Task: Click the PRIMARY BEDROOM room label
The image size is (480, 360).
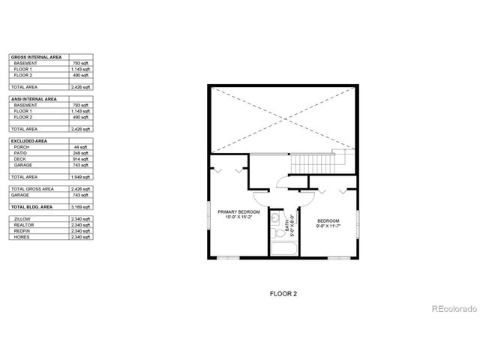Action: pos(239,212)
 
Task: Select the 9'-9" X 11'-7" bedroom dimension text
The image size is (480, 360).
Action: pos(328,225)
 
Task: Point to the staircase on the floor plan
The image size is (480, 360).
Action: pos(313,161)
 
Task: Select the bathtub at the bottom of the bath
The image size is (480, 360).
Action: pos(283,249)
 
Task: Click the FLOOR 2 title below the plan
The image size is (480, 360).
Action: pos(283,294)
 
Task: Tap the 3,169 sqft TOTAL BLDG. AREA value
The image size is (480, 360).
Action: pos(80,206)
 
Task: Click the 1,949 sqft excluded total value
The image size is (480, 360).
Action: pos(80,176)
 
